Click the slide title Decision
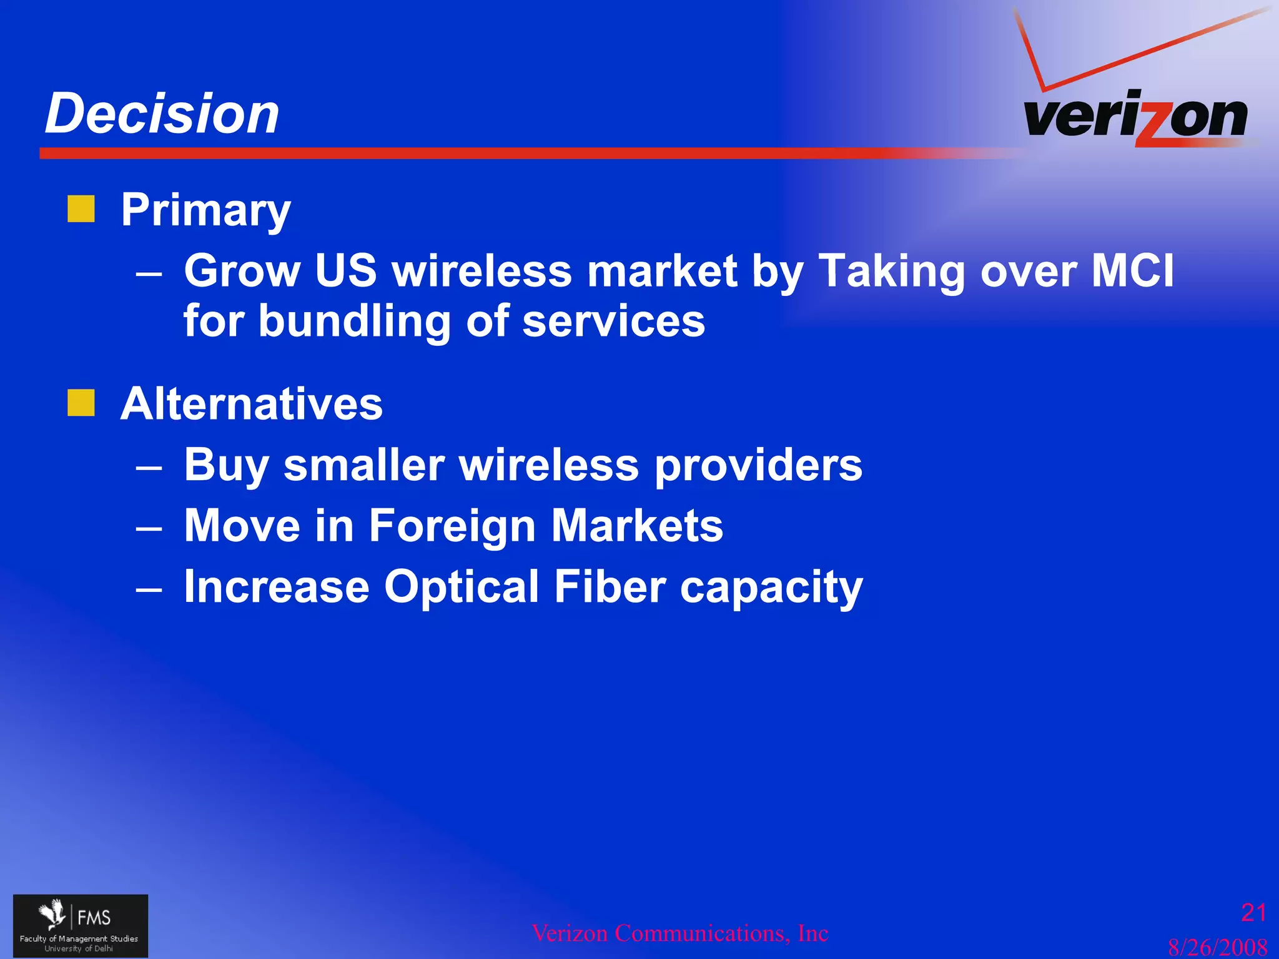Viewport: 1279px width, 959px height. point(162,114)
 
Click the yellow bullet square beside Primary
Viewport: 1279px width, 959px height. point(81,209)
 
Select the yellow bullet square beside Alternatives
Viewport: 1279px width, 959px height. point(81,403)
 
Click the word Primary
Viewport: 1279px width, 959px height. point(205,211)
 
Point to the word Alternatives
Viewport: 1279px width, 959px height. point(251,404)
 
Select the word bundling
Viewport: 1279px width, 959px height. point(354,321)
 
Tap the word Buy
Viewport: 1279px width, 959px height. point(226,466)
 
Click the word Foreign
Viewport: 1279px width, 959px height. point(452,525)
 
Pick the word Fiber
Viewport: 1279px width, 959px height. point(610,586)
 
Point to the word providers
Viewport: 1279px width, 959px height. point(758,466)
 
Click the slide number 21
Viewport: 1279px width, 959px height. point(1253,913)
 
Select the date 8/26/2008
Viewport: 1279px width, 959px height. point(1217,947)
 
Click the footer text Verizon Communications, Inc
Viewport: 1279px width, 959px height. point(679,933)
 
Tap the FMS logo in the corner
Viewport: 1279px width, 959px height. point(81,926)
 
